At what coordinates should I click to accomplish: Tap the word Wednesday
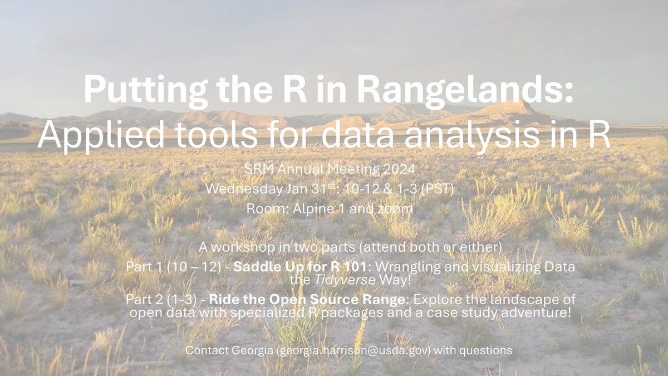(x=242, y=189)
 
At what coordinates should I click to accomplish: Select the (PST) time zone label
(x=441, y=189)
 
